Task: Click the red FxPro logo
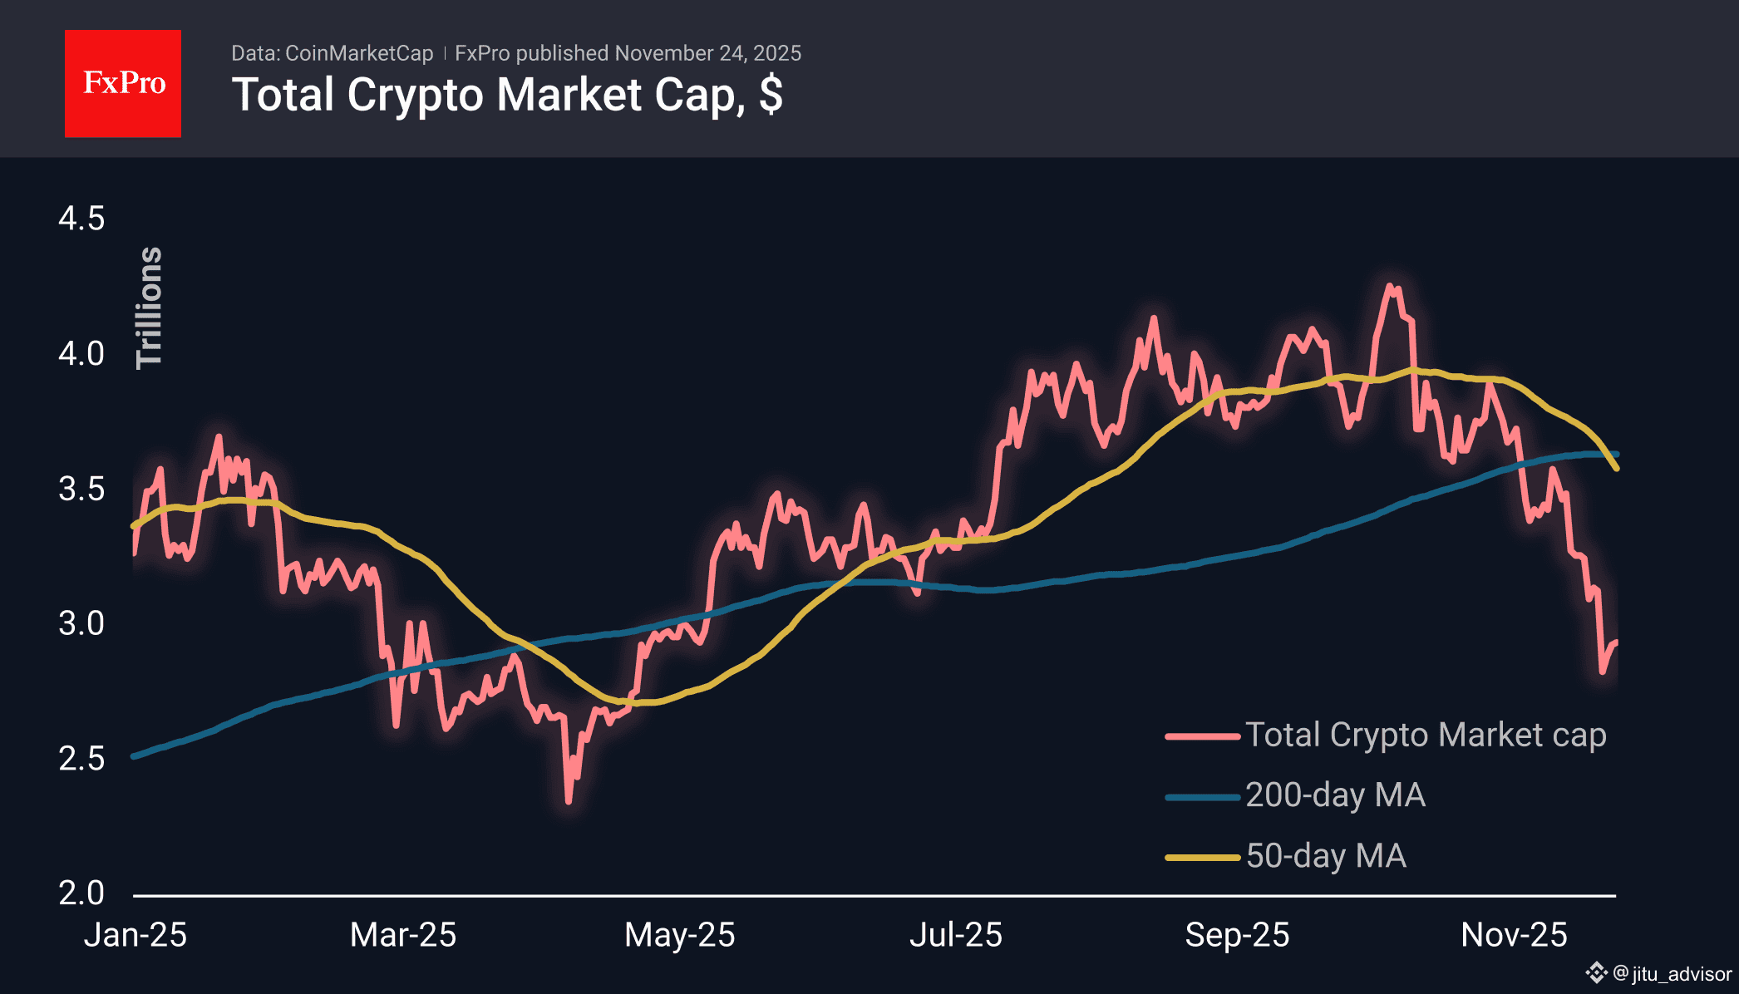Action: tap(123, 84)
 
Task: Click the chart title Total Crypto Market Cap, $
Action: tap(507, 95)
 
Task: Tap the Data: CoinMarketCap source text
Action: tap(332, 53)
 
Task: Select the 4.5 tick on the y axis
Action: tap(81, 219)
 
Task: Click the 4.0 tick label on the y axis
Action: tap(81, 353)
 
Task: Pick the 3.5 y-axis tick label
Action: tap(81, 489)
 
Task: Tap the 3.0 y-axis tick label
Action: tap(81, 623)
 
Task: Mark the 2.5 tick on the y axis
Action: tap(81, 758)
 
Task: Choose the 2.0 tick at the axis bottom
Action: tap(81, 893)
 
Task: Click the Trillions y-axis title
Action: tap(150, 308)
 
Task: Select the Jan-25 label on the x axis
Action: tap(135, 935)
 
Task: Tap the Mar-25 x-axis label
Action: tap(403, 935)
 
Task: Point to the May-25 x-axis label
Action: tap(680, 935)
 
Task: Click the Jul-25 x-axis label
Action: tap(956, 935)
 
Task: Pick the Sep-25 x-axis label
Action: tap(1237, 935)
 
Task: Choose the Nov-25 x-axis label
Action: tap(1514, 935)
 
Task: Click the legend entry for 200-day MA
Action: tap(1334, 795)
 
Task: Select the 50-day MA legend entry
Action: tap(1325, 856)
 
